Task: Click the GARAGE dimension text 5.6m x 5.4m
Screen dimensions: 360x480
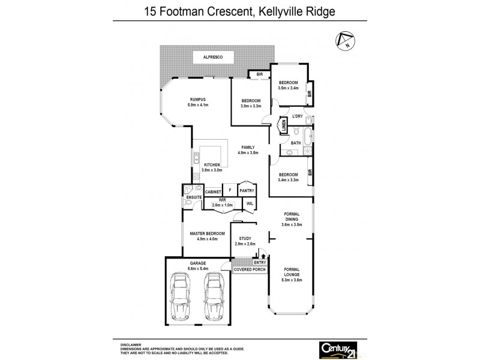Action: [197, 268]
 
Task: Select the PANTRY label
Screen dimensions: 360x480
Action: [247, 191]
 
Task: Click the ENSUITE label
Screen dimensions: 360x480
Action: [193, 196]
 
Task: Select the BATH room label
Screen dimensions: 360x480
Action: [296, 143]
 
